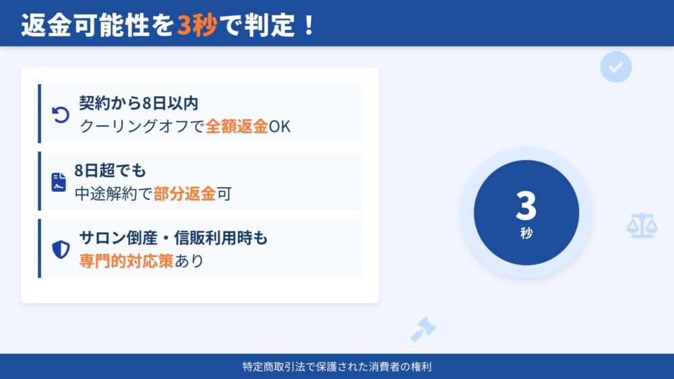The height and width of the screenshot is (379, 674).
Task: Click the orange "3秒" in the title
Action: pyautogui.click(x=197, y=25)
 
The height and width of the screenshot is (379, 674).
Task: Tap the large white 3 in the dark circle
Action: pyautogui.click(x=526, y=206)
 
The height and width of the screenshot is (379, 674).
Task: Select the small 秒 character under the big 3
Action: pyautogui.click(x=526, y=233)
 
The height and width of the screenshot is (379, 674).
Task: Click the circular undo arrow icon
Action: pyautogui.click(x=61, y=115)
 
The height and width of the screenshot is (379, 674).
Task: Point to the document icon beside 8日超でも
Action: pyautogui.click(x=59, y=182)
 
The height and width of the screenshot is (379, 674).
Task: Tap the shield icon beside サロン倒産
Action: pyautogui.click(x=61, y=249)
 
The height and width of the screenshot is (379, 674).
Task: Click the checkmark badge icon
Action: pyautogui.click(x=615, y=67)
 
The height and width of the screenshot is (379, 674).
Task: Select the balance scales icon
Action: pyautogui.click(x=642, y=226)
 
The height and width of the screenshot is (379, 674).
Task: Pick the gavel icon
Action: pyautogui.click(x=423, y=329)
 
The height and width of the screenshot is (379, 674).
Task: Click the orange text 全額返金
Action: pyautogui.click(x=237, y=126)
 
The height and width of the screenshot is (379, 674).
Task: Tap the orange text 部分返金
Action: pyautogui.click(x=185, y=194)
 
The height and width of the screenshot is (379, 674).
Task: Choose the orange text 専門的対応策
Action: pyautogui.click(x=127, y=261)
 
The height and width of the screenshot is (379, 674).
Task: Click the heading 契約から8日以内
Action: pyautogui.click(x=138, y=103)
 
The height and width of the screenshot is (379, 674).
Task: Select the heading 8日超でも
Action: pyautogui.click(x=110, y=170)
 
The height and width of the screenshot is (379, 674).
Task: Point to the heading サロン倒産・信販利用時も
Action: pyautogui.click(x=173, y=238)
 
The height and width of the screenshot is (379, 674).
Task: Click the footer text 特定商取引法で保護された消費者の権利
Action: pyautogui.click(x=337, y=367)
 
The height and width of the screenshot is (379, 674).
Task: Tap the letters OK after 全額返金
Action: pyautogui.click(x=280, y=127)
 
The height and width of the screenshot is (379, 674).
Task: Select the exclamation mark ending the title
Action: pyautogui.click(x=309, y=26)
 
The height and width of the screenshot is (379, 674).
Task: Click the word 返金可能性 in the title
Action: pyautogui.click(x=86, y=25)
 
